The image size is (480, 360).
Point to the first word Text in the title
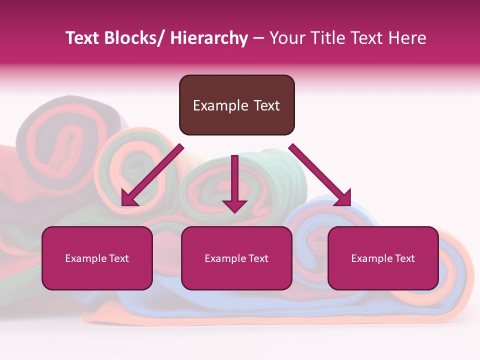pyautogui.click(x=83, y=38)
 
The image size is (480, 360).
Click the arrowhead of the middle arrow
pyautogui.click(x=234, y=205)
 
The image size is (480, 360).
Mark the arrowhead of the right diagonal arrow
pyautogui.click(x=343, y=198)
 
